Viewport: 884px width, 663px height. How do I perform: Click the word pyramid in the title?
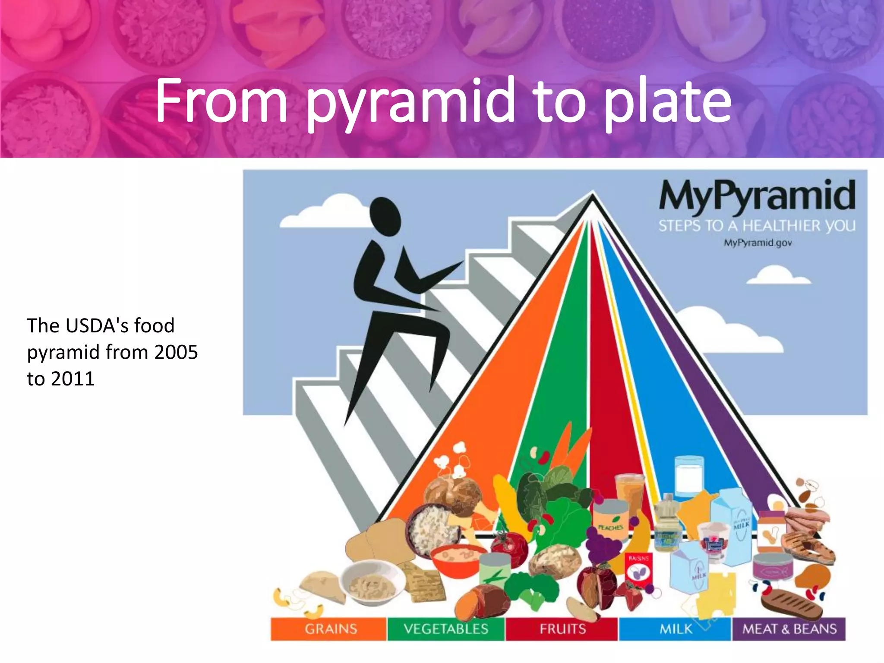click(410, 101)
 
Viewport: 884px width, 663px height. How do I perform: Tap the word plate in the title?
click(667, 101)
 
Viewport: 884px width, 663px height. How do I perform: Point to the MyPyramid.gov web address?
click(758, 243)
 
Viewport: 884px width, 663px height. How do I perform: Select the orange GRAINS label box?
click(329, 629)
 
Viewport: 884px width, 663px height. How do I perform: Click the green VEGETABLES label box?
click(446, 629)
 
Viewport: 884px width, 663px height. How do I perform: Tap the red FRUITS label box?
click(562, 629)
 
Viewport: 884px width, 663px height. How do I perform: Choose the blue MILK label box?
click(675, 629)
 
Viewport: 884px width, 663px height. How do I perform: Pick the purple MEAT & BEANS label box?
click(789, 629)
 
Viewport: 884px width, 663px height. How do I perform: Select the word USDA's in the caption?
click(97, 325)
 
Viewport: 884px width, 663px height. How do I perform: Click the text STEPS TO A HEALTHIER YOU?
click(757, 226)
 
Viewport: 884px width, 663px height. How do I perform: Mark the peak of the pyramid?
click(593, 195)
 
